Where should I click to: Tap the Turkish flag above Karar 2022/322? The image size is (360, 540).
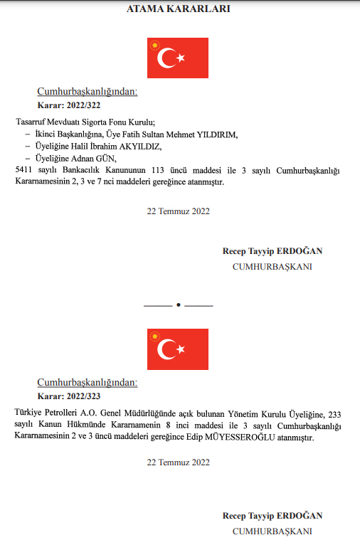click(x=178, y=58)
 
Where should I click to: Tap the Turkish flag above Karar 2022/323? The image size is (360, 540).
click(x=178, y=349)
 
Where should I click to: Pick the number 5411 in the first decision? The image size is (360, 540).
click(x=24, y=171)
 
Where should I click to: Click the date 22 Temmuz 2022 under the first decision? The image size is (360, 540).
click(x=178, y=211)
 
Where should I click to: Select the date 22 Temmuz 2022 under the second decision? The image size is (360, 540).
click(x=178, y=462)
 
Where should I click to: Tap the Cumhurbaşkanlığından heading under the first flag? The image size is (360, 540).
click(x=87, y=91)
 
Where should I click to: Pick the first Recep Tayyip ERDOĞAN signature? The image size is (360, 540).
click(x=272, y=252)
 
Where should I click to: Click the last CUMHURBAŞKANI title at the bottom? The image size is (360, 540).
click(x=272, y=531)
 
